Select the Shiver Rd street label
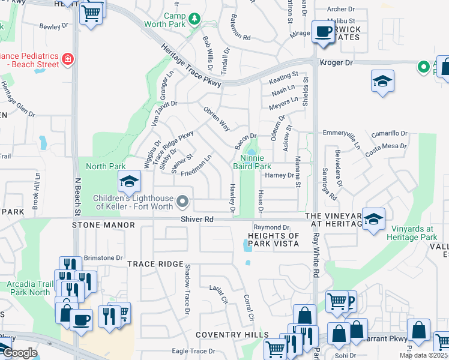pyautogui.click(x=197, y=220)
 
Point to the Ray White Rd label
pyautogui.click(x=316, y=255)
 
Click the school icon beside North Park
pyautogui.click(x=128, y=180)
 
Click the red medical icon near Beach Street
pyautogui.click(x=67, y=59)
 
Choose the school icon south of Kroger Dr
pyautogui.click(x=382, y=82)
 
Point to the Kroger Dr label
pyautogui.click(x=339, y=62)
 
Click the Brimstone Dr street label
pyautogui.click(x=103, y=257)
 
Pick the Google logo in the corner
pyautogui.click(x=19, y=353)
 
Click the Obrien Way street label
pyautogui.click(x=217, y=119)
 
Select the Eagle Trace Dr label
pyautogui.click(x=193, y=351)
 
